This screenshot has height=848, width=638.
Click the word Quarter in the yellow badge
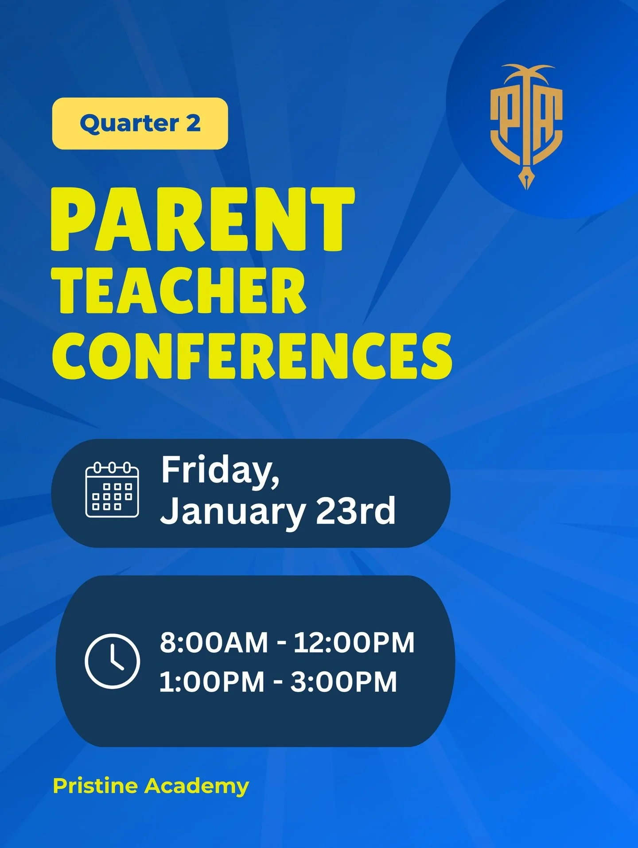tap(129, 124)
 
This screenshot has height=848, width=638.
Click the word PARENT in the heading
tap(202, 219)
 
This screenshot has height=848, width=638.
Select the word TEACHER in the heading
tap(179, 291)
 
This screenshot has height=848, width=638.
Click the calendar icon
tap(112, 490)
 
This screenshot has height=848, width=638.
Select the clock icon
tap(112, 661)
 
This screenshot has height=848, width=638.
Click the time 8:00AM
tap(214, 642)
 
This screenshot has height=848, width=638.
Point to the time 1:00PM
tap(212, 681)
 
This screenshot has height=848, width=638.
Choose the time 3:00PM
tap(344, 681)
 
